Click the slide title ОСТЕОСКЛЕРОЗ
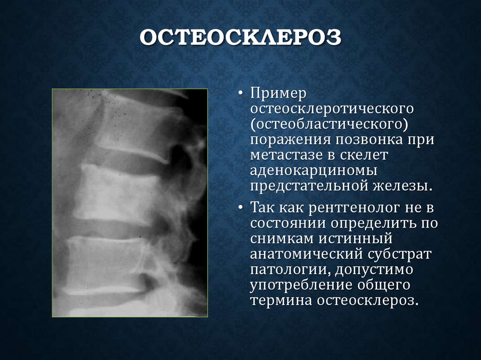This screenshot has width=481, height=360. coord(240,38)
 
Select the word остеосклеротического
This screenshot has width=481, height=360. coord(332,109)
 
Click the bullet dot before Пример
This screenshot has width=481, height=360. coord(240,94)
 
